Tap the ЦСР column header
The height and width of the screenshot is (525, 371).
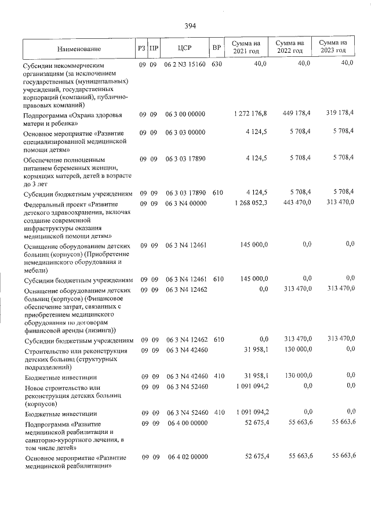(185, 48)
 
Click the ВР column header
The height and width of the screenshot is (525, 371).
(216, 48)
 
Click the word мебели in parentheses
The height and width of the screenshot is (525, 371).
(37, 270)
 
